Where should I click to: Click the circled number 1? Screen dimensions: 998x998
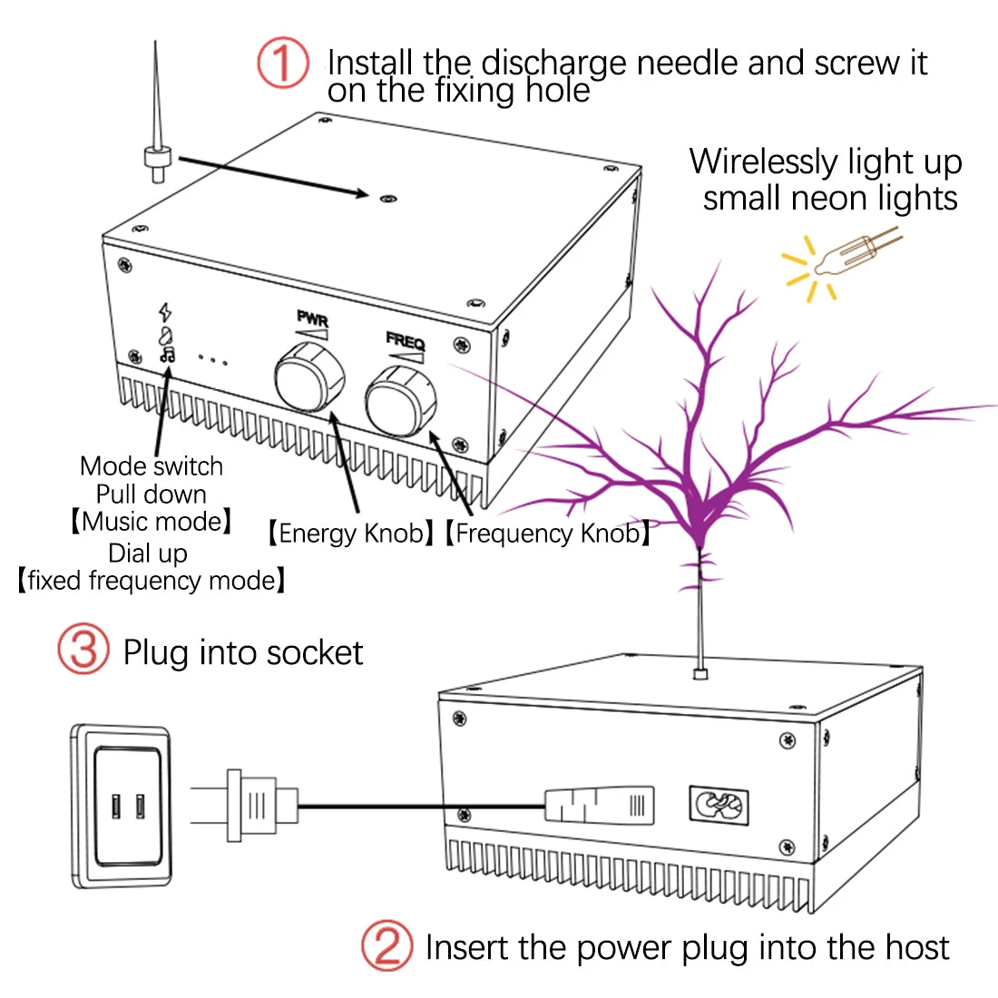[283, 63]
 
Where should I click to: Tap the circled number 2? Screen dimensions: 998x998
[387, 945]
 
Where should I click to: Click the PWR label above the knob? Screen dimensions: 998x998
[312, 319]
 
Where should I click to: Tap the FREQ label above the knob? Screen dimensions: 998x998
[405, 341]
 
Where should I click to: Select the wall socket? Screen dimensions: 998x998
[122, 805]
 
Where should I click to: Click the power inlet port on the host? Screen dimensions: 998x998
[719, 805]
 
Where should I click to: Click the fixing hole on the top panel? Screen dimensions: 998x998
[387, 196]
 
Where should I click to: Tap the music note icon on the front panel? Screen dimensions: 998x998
[167, 355]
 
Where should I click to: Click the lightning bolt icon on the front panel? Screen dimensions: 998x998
[165, 311]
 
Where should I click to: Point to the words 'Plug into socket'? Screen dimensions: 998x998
[242, 652]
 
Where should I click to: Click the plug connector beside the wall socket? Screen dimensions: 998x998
[259, 805]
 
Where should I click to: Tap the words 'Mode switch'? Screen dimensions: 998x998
[152, 466]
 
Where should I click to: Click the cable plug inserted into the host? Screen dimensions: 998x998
[599, 805]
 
